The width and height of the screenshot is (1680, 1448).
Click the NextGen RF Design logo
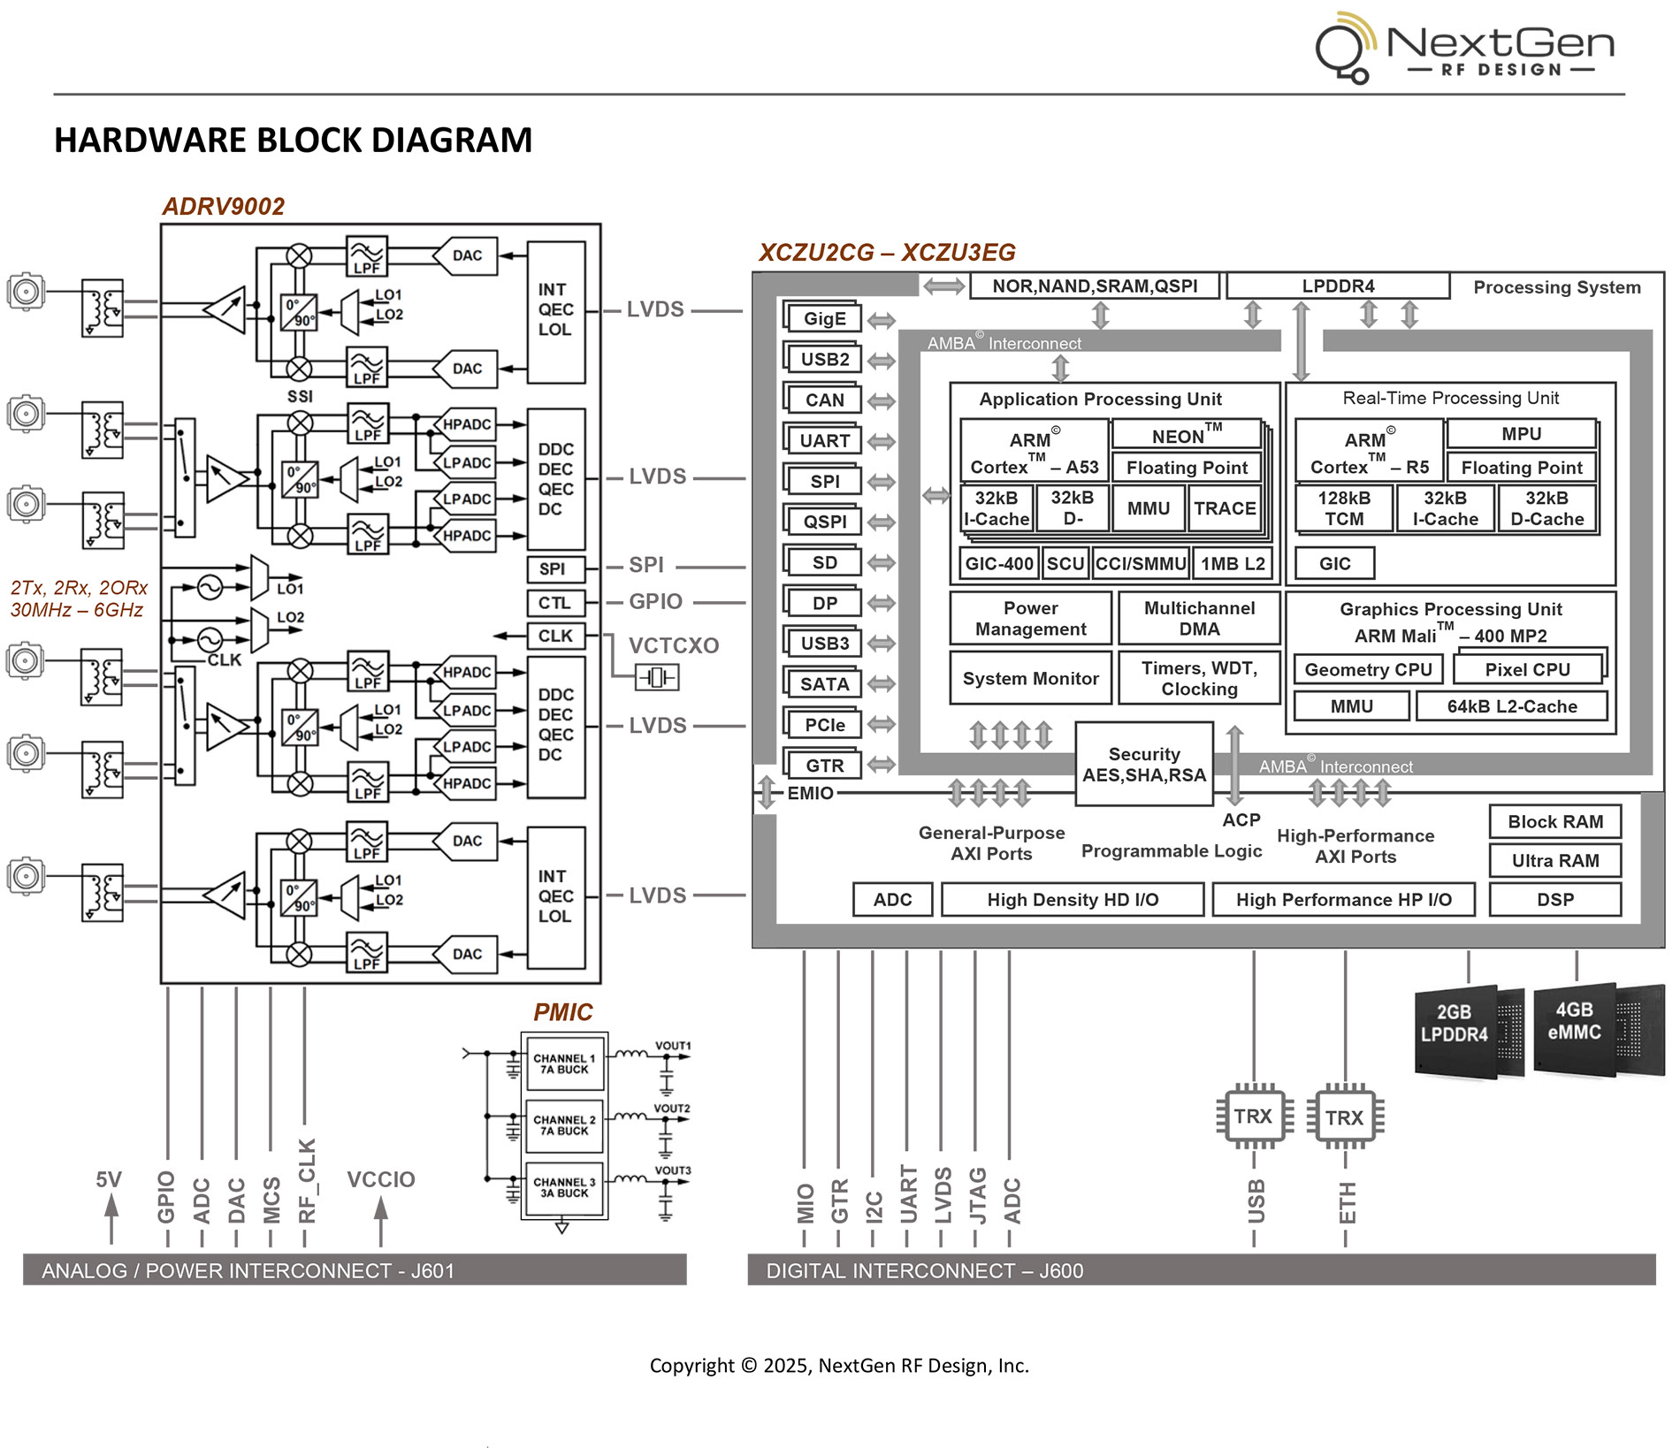click(1464, 48)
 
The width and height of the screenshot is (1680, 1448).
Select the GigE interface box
click(823, 319)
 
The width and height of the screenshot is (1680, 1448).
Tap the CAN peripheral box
click(823, 400)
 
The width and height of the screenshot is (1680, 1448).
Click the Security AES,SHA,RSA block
click(1143, 765)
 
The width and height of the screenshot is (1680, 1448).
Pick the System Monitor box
click(1030, 679)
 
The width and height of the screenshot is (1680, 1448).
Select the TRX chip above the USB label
click(1253, 1116)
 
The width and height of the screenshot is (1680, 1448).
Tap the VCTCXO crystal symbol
click(657, 678)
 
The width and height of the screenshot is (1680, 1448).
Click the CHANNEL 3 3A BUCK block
click(564, 1188)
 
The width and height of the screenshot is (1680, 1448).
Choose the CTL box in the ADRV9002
click(554, 603)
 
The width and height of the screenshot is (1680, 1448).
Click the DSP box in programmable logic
click(1554, 900)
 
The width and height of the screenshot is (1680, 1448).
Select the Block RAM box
click(1554, 822)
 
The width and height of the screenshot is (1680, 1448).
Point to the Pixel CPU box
click(1527, 670)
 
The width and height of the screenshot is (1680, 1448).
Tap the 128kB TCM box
click(1344, 508)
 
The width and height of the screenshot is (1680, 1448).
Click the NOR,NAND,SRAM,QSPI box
click(1094, 286)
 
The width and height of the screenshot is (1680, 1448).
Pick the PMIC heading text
click(562, 1012)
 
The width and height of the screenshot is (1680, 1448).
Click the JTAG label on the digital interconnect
click(977, 1195)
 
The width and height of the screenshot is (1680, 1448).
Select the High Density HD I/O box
click(1072, 900)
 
